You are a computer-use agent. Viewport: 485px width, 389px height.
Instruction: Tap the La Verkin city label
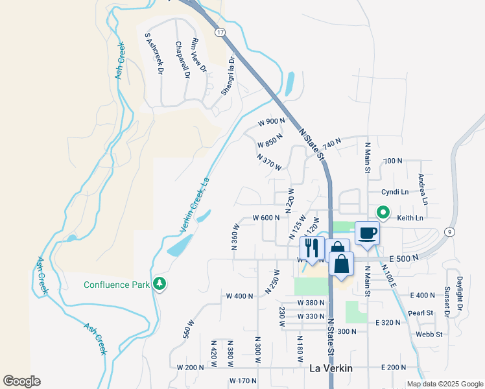coord(331,368)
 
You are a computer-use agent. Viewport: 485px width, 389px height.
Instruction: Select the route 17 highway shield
coord(220,32)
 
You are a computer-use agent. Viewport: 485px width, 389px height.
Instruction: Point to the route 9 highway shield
coord(449,231)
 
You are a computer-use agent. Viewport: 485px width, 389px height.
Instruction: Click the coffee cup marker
coord(367,233)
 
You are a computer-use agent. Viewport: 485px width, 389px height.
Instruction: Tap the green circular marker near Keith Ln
coord(383,212)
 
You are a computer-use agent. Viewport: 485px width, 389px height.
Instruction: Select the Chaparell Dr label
coord(182,60)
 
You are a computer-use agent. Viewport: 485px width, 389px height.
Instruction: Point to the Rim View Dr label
coord(198,55)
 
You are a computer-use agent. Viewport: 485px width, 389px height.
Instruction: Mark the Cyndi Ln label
coord(395,192)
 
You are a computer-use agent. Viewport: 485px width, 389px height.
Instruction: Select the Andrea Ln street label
coord(422,186)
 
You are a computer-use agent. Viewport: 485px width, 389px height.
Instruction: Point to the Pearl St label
coord(421,312)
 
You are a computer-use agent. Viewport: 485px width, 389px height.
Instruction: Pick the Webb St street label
coord(429,335)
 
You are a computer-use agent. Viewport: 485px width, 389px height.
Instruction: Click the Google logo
coord(21,381)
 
